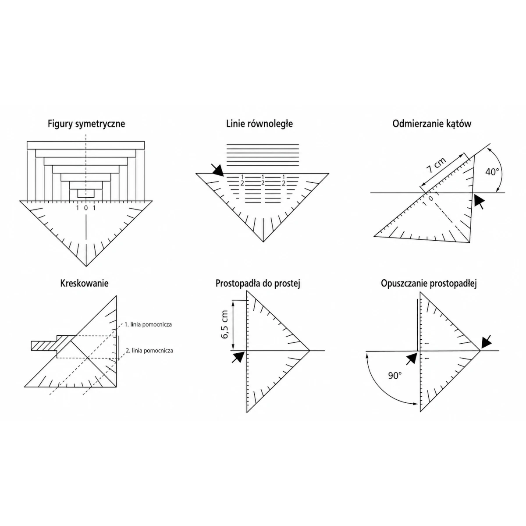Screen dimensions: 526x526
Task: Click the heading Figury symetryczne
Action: coord(86,124)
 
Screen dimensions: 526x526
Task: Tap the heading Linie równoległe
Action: coord(259,124)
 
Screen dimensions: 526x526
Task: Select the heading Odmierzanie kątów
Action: coord(432,124)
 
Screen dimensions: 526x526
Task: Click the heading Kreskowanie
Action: coord(84,283)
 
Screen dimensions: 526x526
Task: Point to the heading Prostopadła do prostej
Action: coord(258,283)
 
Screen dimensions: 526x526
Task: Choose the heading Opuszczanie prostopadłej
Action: coord(429,284)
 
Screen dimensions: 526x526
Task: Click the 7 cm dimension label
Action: coord(436,165)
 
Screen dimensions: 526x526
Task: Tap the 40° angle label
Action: coord(492,172)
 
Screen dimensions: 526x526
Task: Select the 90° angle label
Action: coord(395,376)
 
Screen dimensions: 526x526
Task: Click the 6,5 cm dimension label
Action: coord(225,324)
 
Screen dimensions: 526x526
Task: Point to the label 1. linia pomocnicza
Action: coord(148,324)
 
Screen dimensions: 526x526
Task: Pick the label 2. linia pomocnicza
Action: coord(149,351)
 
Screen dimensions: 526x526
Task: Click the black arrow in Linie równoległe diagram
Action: coord(217,170)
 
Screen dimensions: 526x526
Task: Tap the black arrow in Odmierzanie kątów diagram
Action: coord(480,202)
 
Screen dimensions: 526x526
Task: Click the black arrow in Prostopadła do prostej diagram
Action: coord(238,357)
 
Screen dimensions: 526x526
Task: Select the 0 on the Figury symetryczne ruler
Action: coord(86,208)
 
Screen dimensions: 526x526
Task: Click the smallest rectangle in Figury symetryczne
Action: coord(86,193)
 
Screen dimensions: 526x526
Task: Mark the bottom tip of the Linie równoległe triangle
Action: coord(263,242)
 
